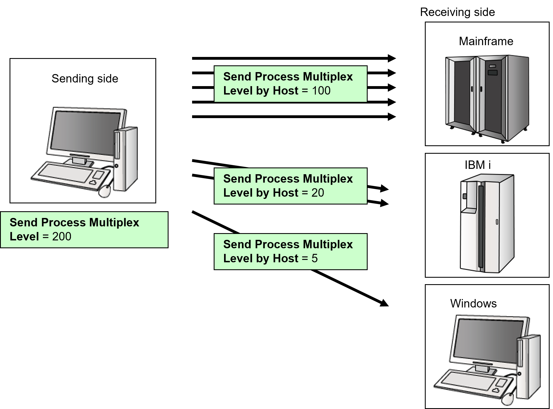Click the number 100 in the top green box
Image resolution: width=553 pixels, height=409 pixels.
pos(321,91)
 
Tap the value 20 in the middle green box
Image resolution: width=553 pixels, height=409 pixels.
pos(318,193)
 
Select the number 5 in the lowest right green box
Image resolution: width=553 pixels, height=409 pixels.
pos(314,259)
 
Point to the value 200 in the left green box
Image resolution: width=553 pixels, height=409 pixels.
pos(62,237)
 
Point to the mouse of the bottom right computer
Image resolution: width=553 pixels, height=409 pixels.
pos(508,399)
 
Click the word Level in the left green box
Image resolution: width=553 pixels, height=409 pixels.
pos(24,237)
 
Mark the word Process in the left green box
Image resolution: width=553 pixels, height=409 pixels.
pos(63,223)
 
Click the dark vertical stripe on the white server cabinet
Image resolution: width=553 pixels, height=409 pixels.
pos(481,226)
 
